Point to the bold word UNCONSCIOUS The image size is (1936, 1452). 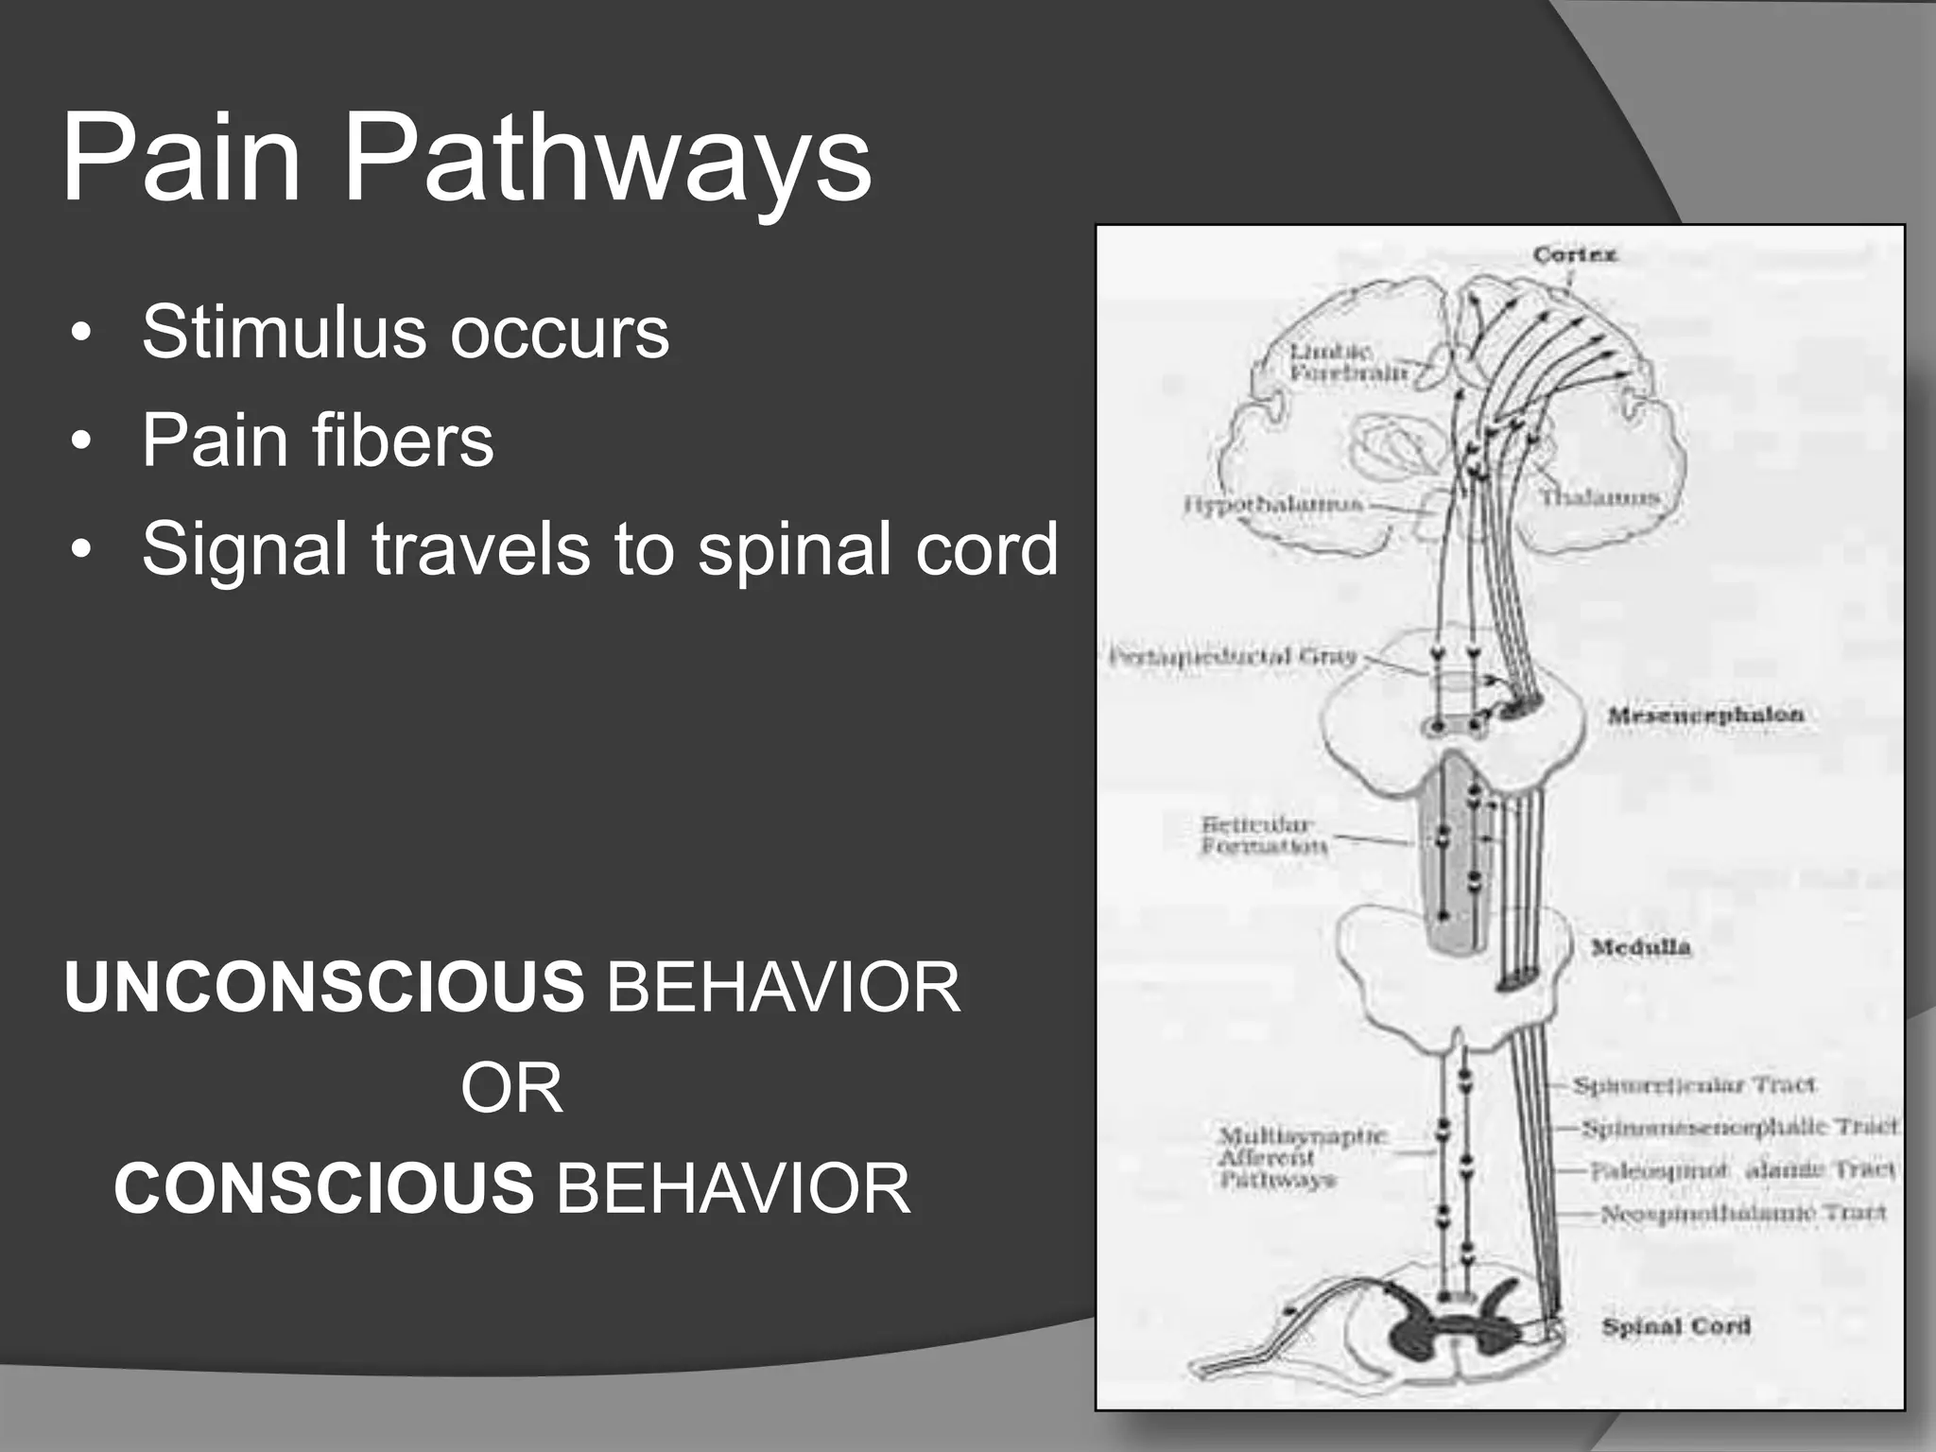click(324, 988)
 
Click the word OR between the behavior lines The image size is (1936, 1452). click(511, 1089)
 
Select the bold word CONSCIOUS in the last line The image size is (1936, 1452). click(324, 1188)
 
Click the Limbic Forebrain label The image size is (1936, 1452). click(1347, 362)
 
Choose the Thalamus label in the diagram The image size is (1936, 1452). click(1600, 497)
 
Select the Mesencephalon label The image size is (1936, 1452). click(1705, 715)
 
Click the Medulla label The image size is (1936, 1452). click(1640, 947)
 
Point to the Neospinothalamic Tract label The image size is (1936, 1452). click(1743, 1213)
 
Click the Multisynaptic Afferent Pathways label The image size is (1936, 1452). click(1299, 1157)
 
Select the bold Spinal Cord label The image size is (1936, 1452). click(1675, 1326)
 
